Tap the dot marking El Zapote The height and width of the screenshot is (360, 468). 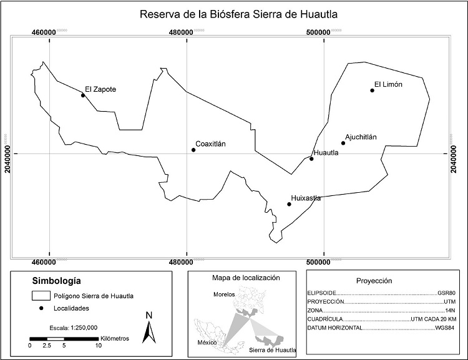point(82,95)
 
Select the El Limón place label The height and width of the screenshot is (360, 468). point(388,84)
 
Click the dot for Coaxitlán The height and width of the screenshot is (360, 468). point(193,150)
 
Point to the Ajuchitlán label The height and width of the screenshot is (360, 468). point(361,137)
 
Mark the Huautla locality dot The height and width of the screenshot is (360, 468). point(311,158)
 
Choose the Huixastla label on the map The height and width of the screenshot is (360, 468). point(306,198)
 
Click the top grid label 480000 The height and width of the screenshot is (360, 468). point(186,32)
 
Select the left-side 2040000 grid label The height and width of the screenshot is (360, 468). point(8,153)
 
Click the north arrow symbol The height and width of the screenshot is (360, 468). point(149,327)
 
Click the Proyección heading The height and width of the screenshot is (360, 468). point(373,281)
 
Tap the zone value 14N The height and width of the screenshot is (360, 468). point(451,310)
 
